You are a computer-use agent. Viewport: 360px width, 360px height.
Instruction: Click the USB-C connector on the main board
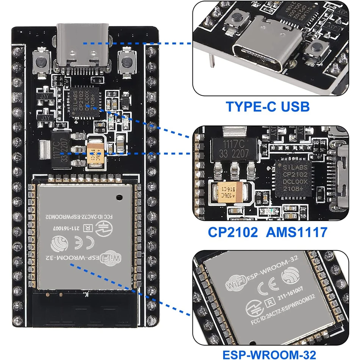tap(82, 45)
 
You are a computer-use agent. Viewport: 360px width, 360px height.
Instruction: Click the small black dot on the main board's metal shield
tap(119, 197)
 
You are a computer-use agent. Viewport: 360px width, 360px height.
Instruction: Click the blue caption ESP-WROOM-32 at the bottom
tap(269, 354)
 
